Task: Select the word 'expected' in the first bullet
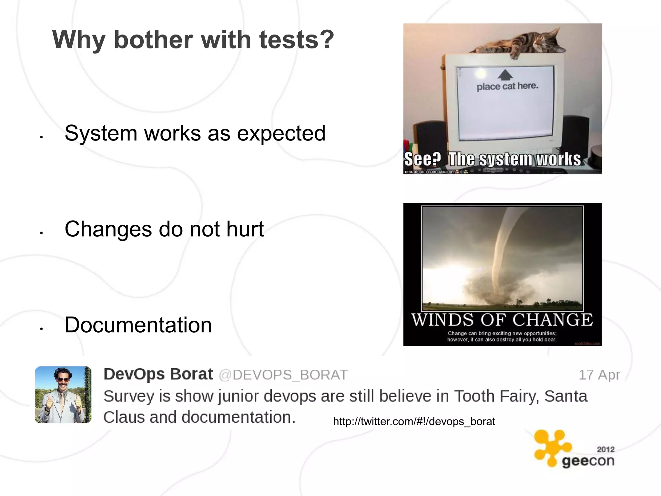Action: tap(281, 133)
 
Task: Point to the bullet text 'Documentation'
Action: tap(138, 325)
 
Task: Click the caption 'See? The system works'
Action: tap(493, 160)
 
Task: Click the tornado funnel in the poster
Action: tap(503, 245)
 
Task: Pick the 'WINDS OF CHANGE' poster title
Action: tap(502, 320)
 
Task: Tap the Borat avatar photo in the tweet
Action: tap(63, 395)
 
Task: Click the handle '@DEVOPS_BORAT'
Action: tap(283, 375)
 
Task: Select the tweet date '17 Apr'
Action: tap(599, 375)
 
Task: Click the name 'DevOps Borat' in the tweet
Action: tap(158, 374)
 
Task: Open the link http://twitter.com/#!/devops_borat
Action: tap(414, 421)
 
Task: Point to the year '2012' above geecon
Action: tap(605, 449)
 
